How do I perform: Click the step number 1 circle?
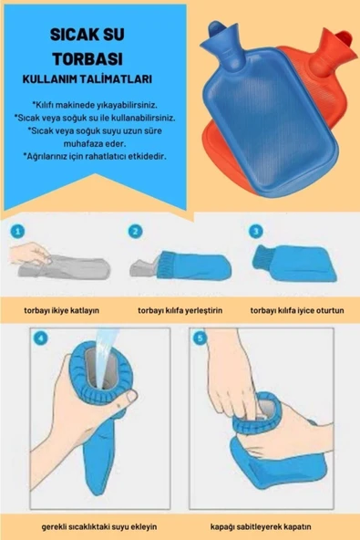(x=19, y=231)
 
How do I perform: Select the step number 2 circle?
(x=136, y=231)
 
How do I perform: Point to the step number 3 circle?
(x=256, y=231)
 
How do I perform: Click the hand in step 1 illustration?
(x=32, y=254)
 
